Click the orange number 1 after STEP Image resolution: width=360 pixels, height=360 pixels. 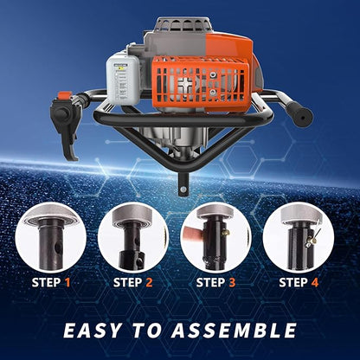point(67,282)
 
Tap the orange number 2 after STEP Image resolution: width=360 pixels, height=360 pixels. point(149,282)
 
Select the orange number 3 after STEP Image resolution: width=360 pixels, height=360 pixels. point(232,282)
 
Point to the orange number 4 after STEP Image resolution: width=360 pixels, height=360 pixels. point(315,282)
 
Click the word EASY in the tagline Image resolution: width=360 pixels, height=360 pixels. point(93,330)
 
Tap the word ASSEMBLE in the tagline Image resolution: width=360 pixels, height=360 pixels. point(234,330)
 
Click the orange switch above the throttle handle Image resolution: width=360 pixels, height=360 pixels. point(65,95)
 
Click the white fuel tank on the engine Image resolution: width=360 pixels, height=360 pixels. point(124,80)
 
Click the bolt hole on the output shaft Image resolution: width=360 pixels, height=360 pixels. point(183,190)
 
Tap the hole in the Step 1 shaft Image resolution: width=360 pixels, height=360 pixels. point(59,247)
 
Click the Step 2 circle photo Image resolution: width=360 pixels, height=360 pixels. point(133,237)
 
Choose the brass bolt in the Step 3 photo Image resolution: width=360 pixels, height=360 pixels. point(225,232)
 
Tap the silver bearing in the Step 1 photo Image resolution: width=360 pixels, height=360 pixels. point(50,216)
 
